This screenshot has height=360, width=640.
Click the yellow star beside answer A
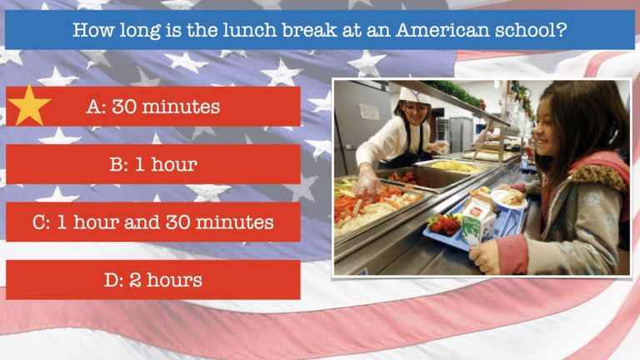coord(29,106)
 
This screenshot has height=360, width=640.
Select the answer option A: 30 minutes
coord(153,107)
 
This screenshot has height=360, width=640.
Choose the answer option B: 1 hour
coord(153,164)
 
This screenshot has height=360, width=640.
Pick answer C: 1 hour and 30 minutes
coord(153,222)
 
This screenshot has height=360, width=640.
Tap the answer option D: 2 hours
coord(153,280)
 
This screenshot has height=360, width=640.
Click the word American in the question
coord(442,30)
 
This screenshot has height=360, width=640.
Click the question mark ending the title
coord(562,30)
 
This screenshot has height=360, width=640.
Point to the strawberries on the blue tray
coord(443,223)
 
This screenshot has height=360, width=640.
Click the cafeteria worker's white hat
coord(414,95)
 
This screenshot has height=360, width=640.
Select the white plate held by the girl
coord(508,199)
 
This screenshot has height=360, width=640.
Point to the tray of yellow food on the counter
coord(452,167)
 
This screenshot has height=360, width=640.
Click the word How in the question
coord(93,30)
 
